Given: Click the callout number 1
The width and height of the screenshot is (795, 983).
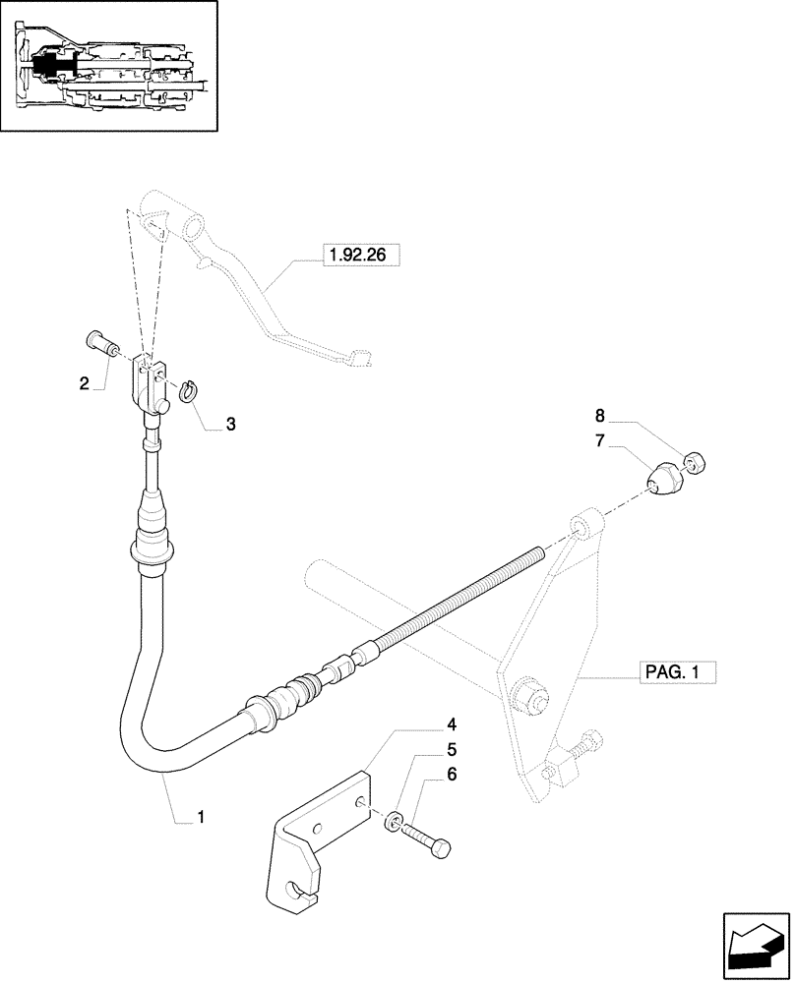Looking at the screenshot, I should pyautogui.click(x=201, y=816).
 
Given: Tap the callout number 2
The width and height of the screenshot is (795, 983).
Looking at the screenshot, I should pyautogui.click(x=85, y=382).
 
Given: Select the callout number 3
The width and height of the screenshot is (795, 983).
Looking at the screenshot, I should pyautogui.click(x=230, y=425).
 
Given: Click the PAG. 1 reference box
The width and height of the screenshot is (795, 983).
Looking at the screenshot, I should pyautogui.click(x=673, y=673).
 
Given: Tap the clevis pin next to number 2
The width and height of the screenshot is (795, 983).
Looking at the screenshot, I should pyautogui.click(x=98, y=347).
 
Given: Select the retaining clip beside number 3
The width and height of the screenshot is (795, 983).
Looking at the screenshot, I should pyautogui.click(x=189, y=389).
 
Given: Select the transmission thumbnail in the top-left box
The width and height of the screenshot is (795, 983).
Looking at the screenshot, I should pyautogui.click(x=108, y=68).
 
